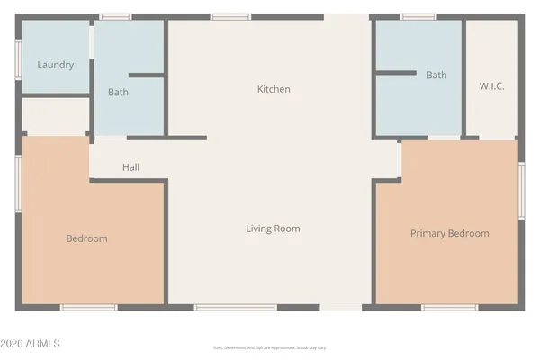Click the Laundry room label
pyautogui.click(x=56, y=65)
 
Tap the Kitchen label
pyautogui.click(x=274, y=89)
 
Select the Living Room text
pyautogui.click(x=273, y=229)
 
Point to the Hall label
pyautogui.click(x=131, y=167)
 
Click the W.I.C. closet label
pyautogui.click(x=491, y=86)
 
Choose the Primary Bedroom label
pyautogui.click(x=450, y=233)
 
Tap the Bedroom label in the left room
pyautogui.click(x=86, y=238)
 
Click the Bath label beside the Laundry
pyautogui.click(x=118, y=92)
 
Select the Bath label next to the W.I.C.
pyautogui.click(x=436, y=76)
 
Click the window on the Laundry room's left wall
pyautogui.click(x=19, y=58)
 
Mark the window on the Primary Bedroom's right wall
pyautogui.click(x=521, y=191)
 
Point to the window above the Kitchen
pyautogui.click(x=223, y=16)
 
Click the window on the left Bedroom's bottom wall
pyautogui.click(x=88, y=308)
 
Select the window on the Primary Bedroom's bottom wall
pyautogui.click(x=449, y=308)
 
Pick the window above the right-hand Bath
pyautogui.click(x=418, y=16)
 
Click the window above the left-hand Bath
pyautogui.click(x=115, y=16)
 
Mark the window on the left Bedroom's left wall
pyautogui.click(x=19, y=170)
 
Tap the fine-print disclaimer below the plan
pyautogui.click(x=270, y=347)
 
